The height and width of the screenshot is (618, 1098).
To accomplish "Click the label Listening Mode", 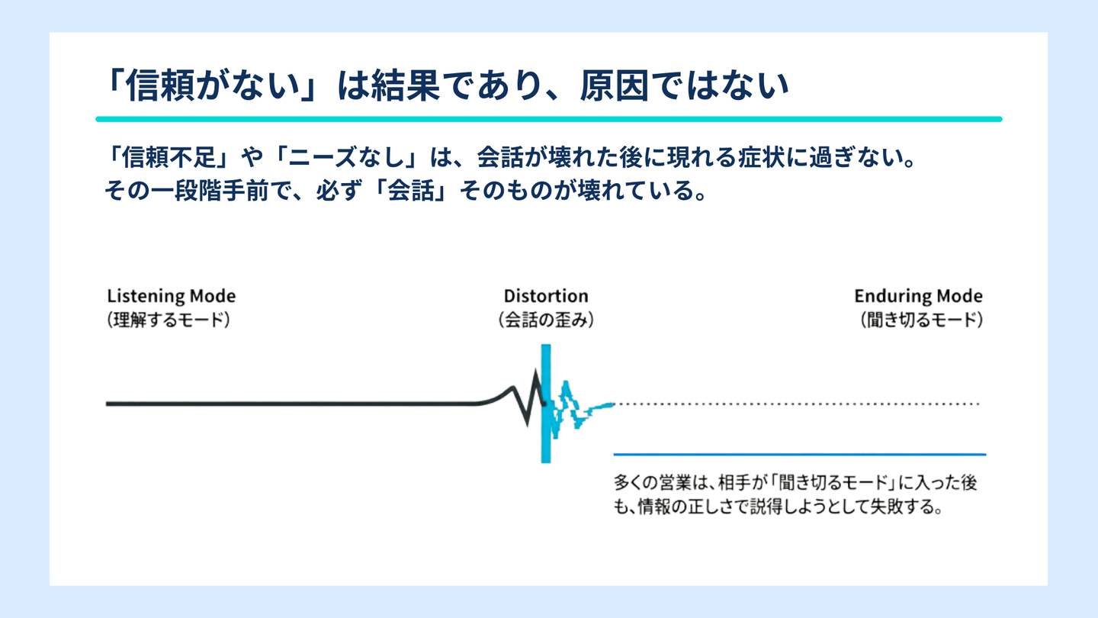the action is point(172,296).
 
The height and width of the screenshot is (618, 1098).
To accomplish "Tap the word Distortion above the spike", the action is point(546,296).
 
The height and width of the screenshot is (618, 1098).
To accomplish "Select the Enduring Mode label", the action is point(918,296).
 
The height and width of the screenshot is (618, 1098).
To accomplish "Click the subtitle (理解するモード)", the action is point(169,320).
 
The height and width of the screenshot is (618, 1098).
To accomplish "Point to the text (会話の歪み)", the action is point(546,320).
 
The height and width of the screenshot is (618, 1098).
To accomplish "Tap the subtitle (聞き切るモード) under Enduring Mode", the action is point(922,320).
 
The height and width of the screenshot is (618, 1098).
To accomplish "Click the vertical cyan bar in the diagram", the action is point(546,403).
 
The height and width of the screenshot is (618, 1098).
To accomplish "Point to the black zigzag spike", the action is point(528,398).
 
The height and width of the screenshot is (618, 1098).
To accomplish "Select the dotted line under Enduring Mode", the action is point(797,404).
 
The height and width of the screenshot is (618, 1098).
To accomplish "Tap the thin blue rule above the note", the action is point(799,455).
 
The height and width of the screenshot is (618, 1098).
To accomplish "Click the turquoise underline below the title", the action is point(549,119).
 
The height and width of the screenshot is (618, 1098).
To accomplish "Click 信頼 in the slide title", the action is point(159,85).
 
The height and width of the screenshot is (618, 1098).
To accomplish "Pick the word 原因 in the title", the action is point(615,85).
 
